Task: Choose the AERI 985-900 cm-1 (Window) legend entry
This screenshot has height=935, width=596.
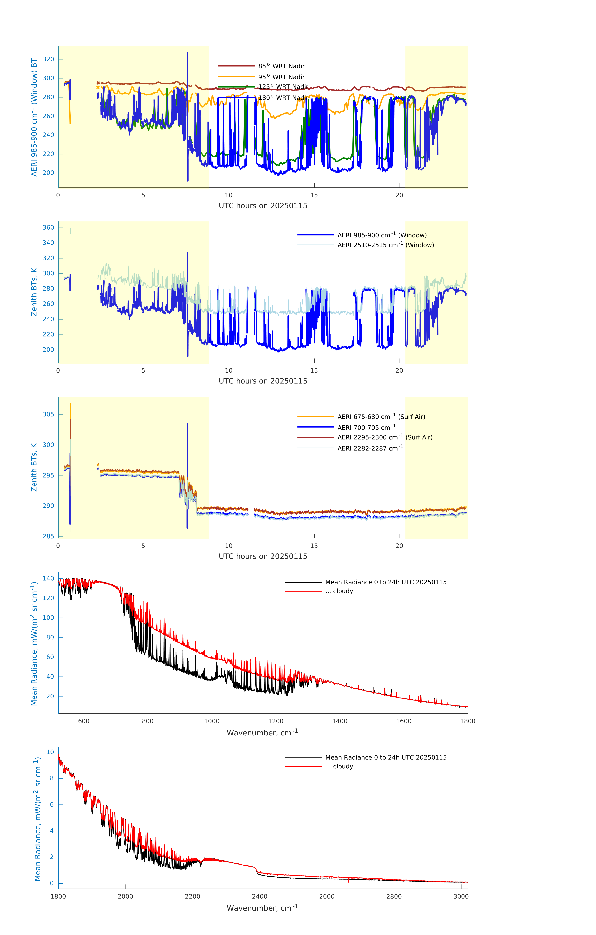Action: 382,235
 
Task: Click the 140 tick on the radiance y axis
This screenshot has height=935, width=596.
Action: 48,579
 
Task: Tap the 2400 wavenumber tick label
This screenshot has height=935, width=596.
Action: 259,897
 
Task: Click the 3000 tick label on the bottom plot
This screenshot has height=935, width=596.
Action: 461,897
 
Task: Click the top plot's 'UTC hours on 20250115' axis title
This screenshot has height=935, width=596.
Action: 263,206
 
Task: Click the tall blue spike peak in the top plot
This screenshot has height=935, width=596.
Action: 188,53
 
